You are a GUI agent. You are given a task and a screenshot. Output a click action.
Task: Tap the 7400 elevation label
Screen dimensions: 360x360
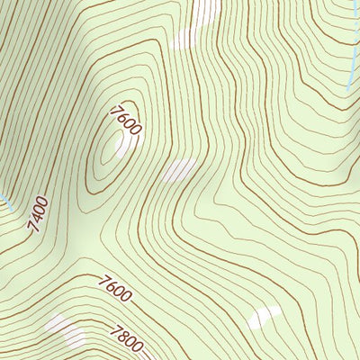tap(37, 214)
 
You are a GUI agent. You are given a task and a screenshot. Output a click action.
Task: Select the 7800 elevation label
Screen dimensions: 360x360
tap(125, 338)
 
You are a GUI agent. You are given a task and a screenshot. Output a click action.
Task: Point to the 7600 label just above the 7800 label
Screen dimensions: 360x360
tap(116, 290)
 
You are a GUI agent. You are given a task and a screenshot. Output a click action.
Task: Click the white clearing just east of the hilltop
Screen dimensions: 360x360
tap(179, 170)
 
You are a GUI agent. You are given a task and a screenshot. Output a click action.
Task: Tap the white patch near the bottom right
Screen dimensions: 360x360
tap(263, 317)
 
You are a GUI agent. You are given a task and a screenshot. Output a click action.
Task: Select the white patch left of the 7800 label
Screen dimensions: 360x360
tap(65, 328)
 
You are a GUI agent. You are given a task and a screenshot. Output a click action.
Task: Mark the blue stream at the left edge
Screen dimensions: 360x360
tap(4, 200)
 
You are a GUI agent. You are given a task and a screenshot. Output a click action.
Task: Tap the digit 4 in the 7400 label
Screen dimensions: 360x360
tap(36, 218)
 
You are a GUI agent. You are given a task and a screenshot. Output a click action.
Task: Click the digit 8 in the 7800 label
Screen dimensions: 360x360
tap(121, 336)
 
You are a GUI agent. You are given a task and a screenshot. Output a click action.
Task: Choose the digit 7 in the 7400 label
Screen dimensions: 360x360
tap(33, 227)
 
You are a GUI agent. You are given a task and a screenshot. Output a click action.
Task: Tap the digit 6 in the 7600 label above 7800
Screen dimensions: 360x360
tap(112, 288)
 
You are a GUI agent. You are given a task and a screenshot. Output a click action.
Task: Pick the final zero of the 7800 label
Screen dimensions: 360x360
tap(138, 345)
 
